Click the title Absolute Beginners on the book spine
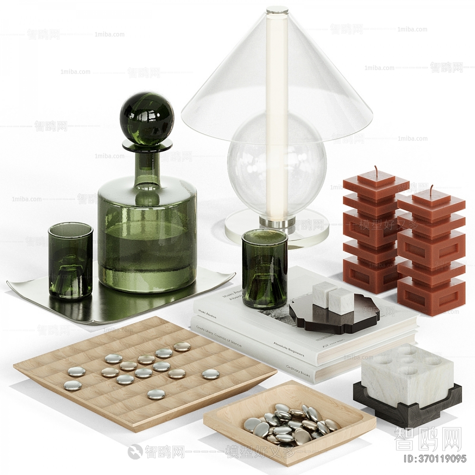[287, 349]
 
